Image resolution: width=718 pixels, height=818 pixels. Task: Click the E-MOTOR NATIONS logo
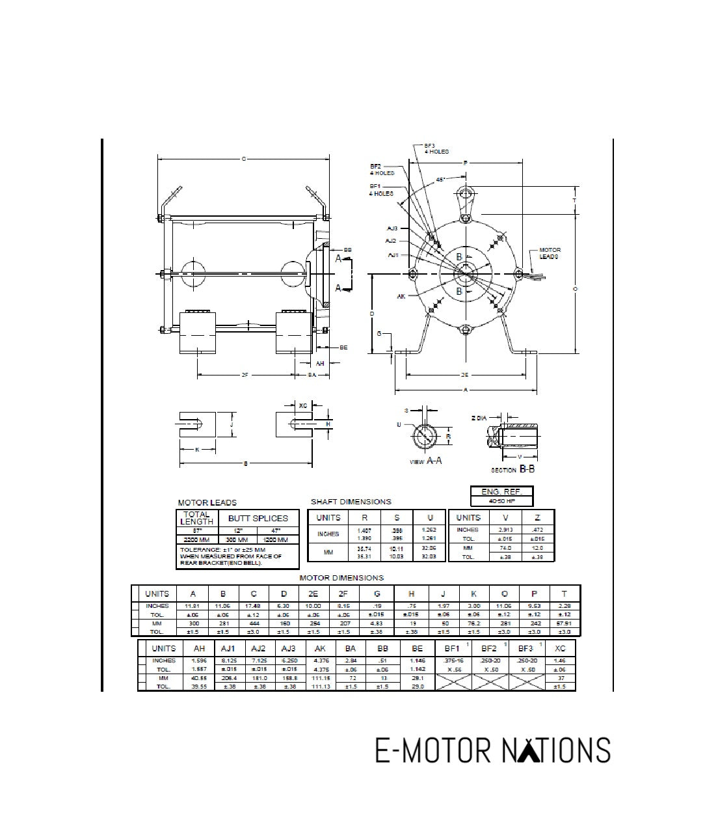tap(492, 750)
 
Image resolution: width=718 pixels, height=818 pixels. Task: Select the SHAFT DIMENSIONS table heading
tap(351, 502)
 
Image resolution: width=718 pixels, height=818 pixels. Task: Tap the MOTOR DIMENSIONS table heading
tap(341, 578)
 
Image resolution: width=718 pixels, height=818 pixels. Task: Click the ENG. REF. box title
tap(501, 492)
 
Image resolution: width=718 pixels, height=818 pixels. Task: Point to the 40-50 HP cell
tap(501, 502)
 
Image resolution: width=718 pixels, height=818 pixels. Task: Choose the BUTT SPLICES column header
tap(258, 518)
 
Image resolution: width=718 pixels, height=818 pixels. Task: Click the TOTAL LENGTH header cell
tap(196, 518)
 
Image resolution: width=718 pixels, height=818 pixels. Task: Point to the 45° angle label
tap(440, 180)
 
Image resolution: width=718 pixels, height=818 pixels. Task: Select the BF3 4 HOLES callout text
tap(436, 148)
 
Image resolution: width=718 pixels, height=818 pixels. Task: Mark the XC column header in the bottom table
tap(559, 648)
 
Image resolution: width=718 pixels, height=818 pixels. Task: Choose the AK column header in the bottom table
tap(320, 648)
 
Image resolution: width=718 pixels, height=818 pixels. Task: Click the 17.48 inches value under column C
tap(254, 605)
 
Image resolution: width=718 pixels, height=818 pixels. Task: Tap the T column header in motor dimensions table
tap(564, 593)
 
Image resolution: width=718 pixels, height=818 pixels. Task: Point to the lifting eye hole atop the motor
tap(465, 194)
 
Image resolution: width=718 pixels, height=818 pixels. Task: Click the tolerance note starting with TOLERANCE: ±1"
tap(231, 556)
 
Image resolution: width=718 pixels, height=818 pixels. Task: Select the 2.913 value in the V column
tap(505, 530)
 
